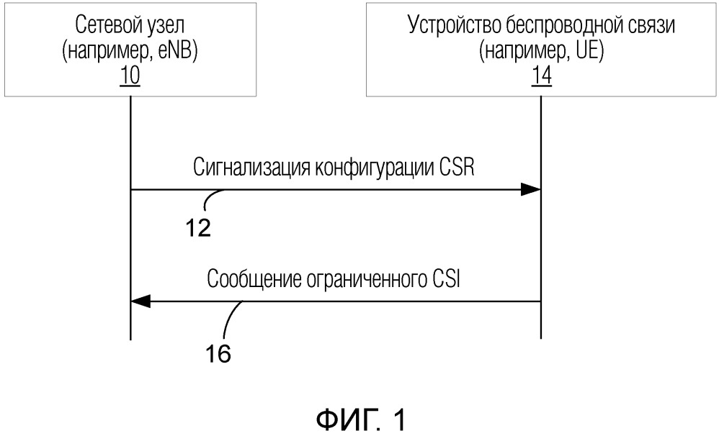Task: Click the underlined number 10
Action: tap(130, 76)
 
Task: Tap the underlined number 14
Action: tap(541, 76)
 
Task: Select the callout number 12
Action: tap(198, 227)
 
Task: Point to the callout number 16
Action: tap(218, 353)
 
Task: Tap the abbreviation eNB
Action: tap(177, 51)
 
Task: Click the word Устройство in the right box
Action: tap(454, 26)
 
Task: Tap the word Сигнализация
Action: tap(251, 168)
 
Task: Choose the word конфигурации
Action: tap(373, 168)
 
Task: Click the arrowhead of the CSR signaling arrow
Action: tap(531, 189)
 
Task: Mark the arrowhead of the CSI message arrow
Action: tap(140, 301)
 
